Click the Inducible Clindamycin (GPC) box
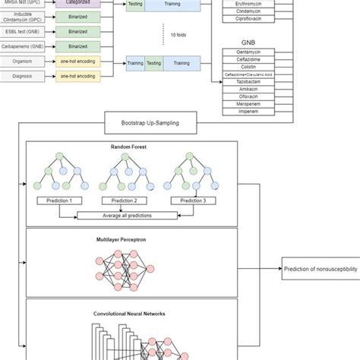click(21, 18)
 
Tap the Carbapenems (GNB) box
click(21, 46)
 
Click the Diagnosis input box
click(21, 77)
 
